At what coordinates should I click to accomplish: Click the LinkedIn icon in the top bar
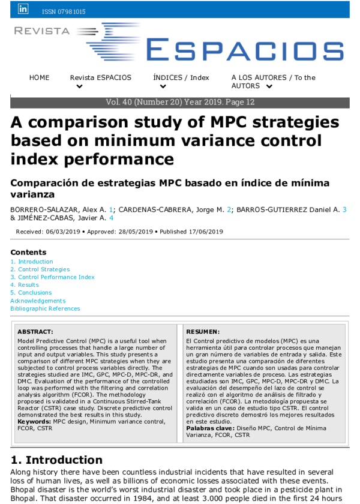tap(23, 9)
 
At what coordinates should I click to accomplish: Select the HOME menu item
tap(40, 78)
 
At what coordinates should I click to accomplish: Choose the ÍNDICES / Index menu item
tap(181, 78)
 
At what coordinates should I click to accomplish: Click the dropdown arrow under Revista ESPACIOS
tap(79, 87)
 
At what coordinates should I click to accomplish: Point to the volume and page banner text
tap(180, 103)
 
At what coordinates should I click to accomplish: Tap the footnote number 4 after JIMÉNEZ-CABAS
tap(111, 218)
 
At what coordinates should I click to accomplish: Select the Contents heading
tap(28, 253)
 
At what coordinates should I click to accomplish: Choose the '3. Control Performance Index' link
tap(52, 277)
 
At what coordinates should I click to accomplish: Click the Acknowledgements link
tap(38, 301)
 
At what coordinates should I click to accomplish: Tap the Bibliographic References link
tap(45, 308)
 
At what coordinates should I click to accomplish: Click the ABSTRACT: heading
tap(35, 332)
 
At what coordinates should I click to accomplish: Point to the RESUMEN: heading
tap(203, 332)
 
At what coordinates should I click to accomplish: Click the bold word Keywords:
tap(34, 422)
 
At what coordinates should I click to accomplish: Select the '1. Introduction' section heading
tap(56, 460)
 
